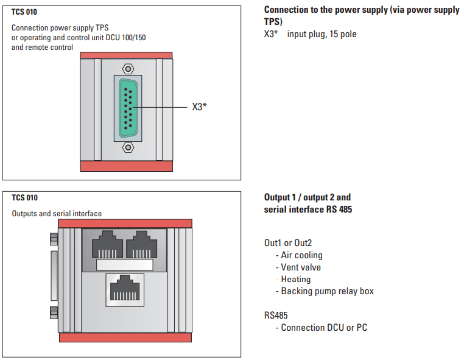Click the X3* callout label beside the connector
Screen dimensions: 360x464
tap(199, 107)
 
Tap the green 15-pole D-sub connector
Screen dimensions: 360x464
tap(127, 107)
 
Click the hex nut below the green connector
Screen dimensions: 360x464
tap(127, 147)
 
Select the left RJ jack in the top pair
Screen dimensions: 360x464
tap(107, 245)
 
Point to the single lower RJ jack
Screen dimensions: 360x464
tap(125, 289)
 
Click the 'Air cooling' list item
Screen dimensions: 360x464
tap(301, 255)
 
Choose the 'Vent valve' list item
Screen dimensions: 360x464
tap(301, 267)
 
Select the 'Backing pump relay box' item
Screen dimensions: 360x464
tap(327, 291)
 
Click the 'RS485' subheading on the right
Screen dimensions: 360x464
tap(276, 316)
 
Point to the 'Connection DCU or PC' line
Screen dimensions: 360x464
tap(324, 328)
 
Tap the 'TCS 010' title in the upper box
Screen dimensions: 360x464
tap(24, 12)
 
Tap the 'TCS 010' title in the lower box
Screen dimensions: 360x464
tap(24, 198)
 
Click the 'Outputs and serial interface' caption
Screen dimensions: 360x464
tap(57, 214)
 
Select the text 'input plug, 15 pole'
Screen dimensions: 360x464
tap(322, 34)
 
